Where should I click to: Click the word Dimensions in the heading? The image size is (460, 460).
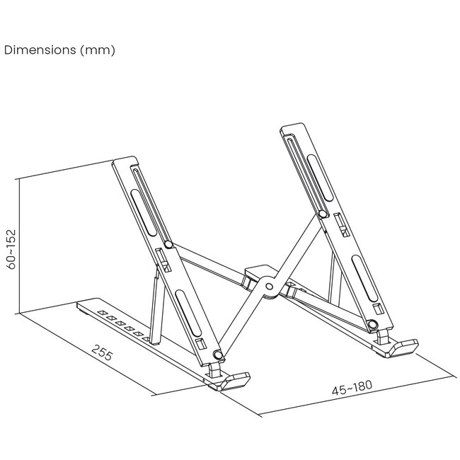coord(40,50)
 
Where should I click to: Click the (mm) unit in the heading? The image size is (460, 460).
coord(98,50)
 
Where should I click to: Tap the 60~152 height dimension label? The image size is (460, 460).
coord(11,249)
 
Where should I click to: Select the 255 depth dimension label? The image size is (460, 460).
coord(102,352)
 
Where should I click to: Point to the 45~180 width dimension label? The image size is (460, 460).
coord(352,388)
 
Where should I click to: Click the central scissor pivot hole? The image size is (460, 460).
coord(269,287)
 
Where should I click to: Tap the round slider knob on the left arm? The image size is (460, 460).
coord(168,244)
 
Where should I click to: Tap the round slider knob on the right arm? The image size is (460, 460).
coord(323,214)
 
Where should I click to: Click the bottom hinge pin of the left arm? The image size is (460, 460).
coord(218,355)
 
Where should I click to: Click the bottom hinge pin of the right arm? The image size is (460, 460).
coord(372,324)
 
